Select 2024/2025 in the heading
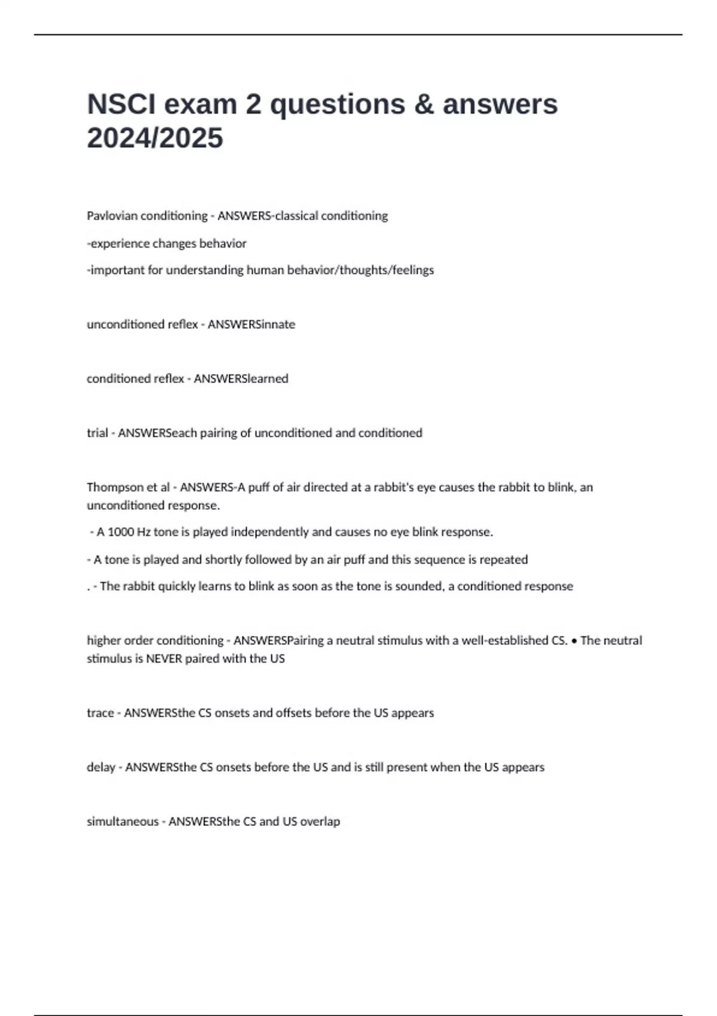[x=155, y=138]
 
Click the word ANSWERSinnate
[x=251, y=325]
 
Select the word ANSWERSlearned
[x=241, y=379]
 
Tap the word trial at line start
[x=97, y=433]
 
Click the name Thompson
[x=115, y=488]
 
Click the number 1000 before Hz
[x=121, y=532]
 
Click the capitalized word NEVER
[x=164, y=659]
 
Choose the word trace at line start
[x=100, y=713]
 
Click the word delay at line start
[x=101, y=767]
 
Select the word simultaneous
[x=122, y=822]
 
